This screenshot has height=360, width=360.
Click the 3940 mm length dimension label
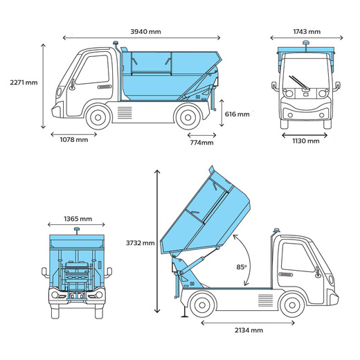(x=145, y=32)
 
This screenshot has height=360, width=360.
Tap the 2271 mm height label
(x=24, y=82)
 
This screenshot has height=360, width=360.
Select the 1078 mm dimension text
(x=74, y=140)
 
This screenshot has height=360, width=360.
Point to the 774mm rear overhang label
(x=201, y=143)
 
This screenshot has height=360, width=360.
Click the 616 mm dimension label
(x=237, y=114)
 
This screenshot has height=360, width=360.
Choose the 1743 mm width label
(x=307, y=32)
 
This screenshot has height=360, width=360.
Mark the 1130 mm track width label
(x=306, y=141)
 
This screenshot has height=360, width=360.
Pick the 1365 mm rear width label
(x=78, y=219)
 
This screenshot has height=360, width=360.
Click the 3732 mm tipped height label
(x=140, y=243)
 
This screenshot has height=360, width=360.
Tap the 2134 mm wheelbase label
(x=249, y=330)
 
